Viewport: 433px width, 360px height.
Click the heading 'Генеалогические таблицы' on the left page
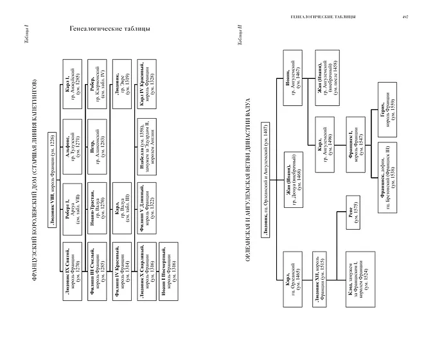coord(109,30)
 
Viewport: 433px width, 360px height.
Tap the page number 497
coord(405,17)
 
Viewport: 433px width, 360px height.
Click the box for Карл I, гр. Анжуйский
coord(73,78)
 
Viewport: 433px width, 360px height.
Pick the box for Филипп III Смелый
coord(100,264)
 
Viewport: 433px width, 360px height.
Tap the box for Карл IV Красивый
coord(152,78)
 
